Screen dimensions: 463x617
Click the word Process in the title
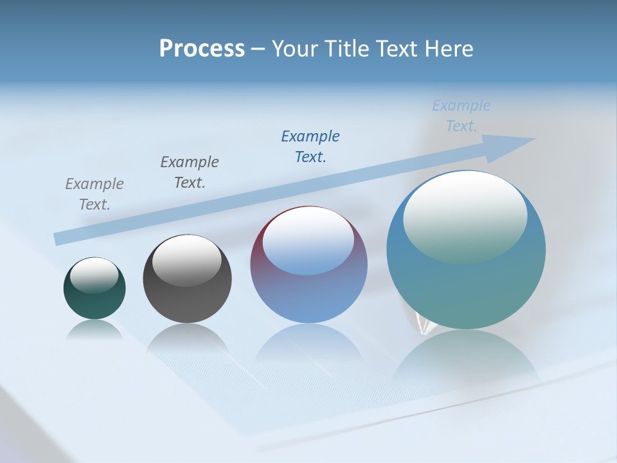202,49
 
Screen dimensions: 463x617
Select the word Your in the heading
294,49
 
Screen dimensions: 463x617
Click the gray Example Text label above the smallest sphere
94,194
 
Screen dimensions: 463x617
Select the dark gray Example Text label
190,172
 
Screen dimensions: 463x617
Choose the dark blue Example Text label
310,147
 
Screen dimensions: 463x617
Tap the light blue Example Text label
461,116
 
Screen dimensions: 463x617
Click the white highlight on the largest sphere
465,215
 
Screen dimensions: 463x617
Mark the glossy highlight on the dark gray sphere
186,260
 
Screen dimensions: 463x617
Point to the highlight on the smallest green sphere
94,275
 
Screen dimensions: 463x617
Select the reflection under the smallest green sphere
94,329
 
